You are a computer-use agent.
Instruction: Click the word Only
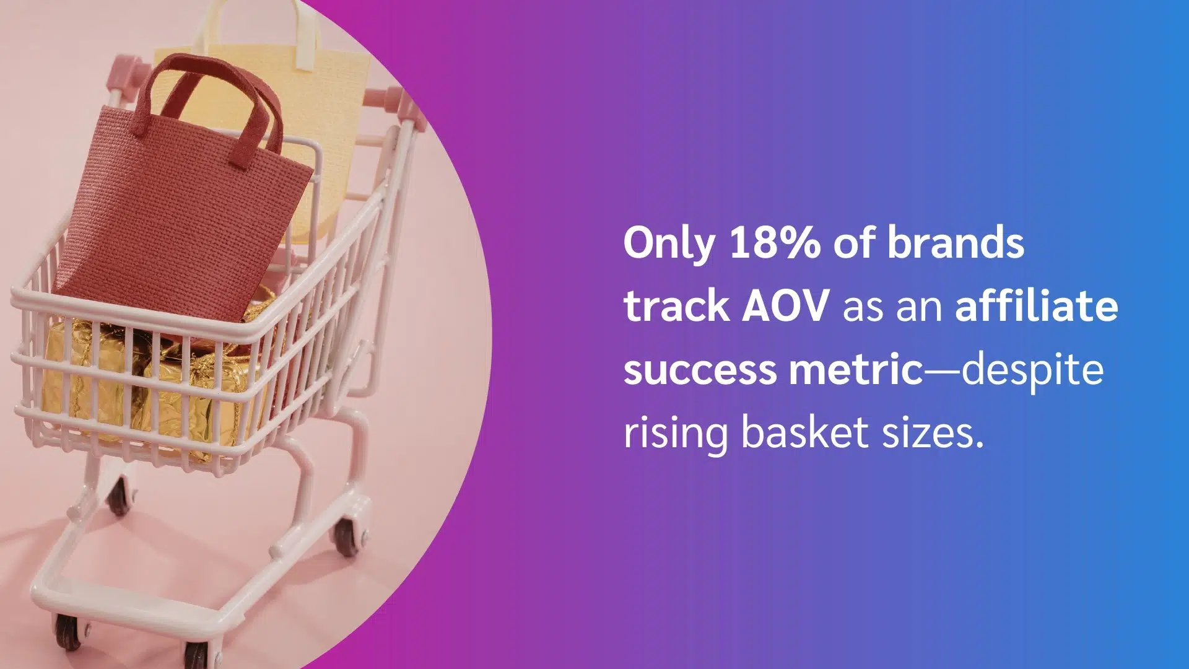pos(669,244)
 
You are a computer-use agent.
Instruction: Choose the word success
pos(700,370)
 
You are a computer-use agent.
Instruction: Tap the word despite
pos(1032,371)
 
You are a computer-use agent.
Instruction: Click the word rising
pos(676,434)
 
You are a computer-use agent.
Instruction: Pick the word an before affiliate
pos(919,308)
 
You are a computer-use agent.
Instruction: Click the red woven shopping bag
pos(186,204)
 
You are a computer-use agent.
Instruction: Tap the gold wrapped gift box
pos(155,384)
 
